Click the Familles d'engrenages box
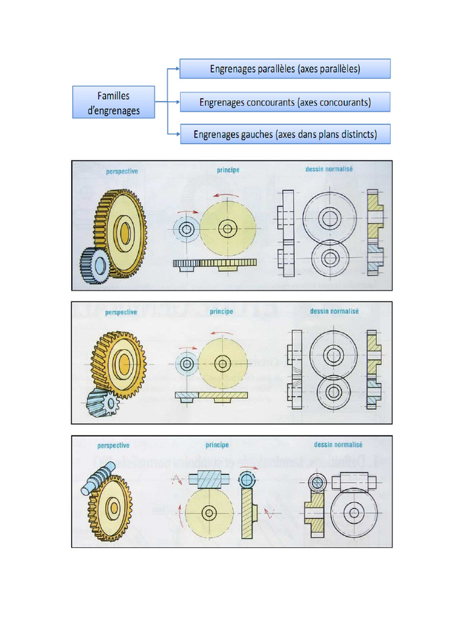click(113, 102)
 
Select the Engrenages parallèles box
click(285, 69)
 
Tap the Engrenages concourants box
click(285, 102)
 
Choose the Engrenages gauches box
click(285, 134)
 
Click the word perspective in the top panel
click(122, 171)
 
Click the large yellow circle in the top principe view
click(228, 228)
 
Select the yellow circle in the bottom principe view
click(209, 513)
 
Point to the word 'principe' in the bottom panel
click(217, 445)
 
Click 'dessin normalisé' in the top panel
click(329, 170)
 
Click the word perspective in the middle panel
click(121, 313)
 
